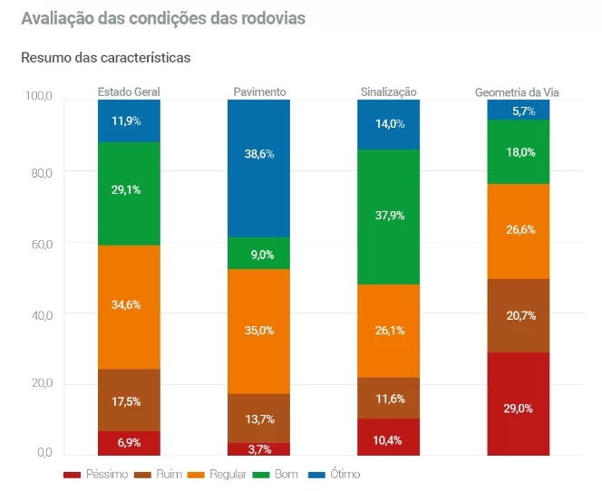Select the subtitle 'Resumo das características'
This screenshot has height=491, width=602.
click(x=105, y=57)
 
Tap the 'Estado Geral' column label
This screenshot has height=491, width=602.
click(x=129, y=92)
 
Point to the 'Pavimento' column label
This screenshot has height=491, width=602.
click(x=259, y=92)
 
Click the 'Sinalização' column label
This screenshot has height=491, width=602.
click(x=388, y=92)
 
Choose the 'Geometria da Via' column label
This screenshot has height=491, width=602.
click(x=518, y=92)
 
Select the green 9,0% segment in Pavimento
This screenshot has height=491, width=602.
click(x=259, y=254)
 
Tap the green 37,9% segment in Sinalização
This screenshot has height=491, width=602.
click(x=388, y=217)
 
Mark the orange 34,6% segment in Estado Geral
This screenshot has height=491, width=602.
click(x=129, y=306)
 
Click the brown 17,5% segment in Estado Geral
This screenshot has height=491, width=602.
click(x=129, y=400)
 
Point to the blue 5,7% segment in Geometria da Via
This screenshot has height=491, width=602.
click(x=518, y=111)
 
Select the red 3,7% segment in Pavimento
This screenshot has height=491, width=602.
click(x=259, y=448)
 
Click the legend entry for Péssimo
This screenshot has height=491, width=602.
click(x=95, y=474)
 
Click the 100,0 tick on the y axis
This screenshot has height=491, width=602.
click(x=39, y=97)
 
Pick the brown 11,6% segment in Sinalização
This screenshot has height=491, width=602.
click(x=388, y=398)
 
